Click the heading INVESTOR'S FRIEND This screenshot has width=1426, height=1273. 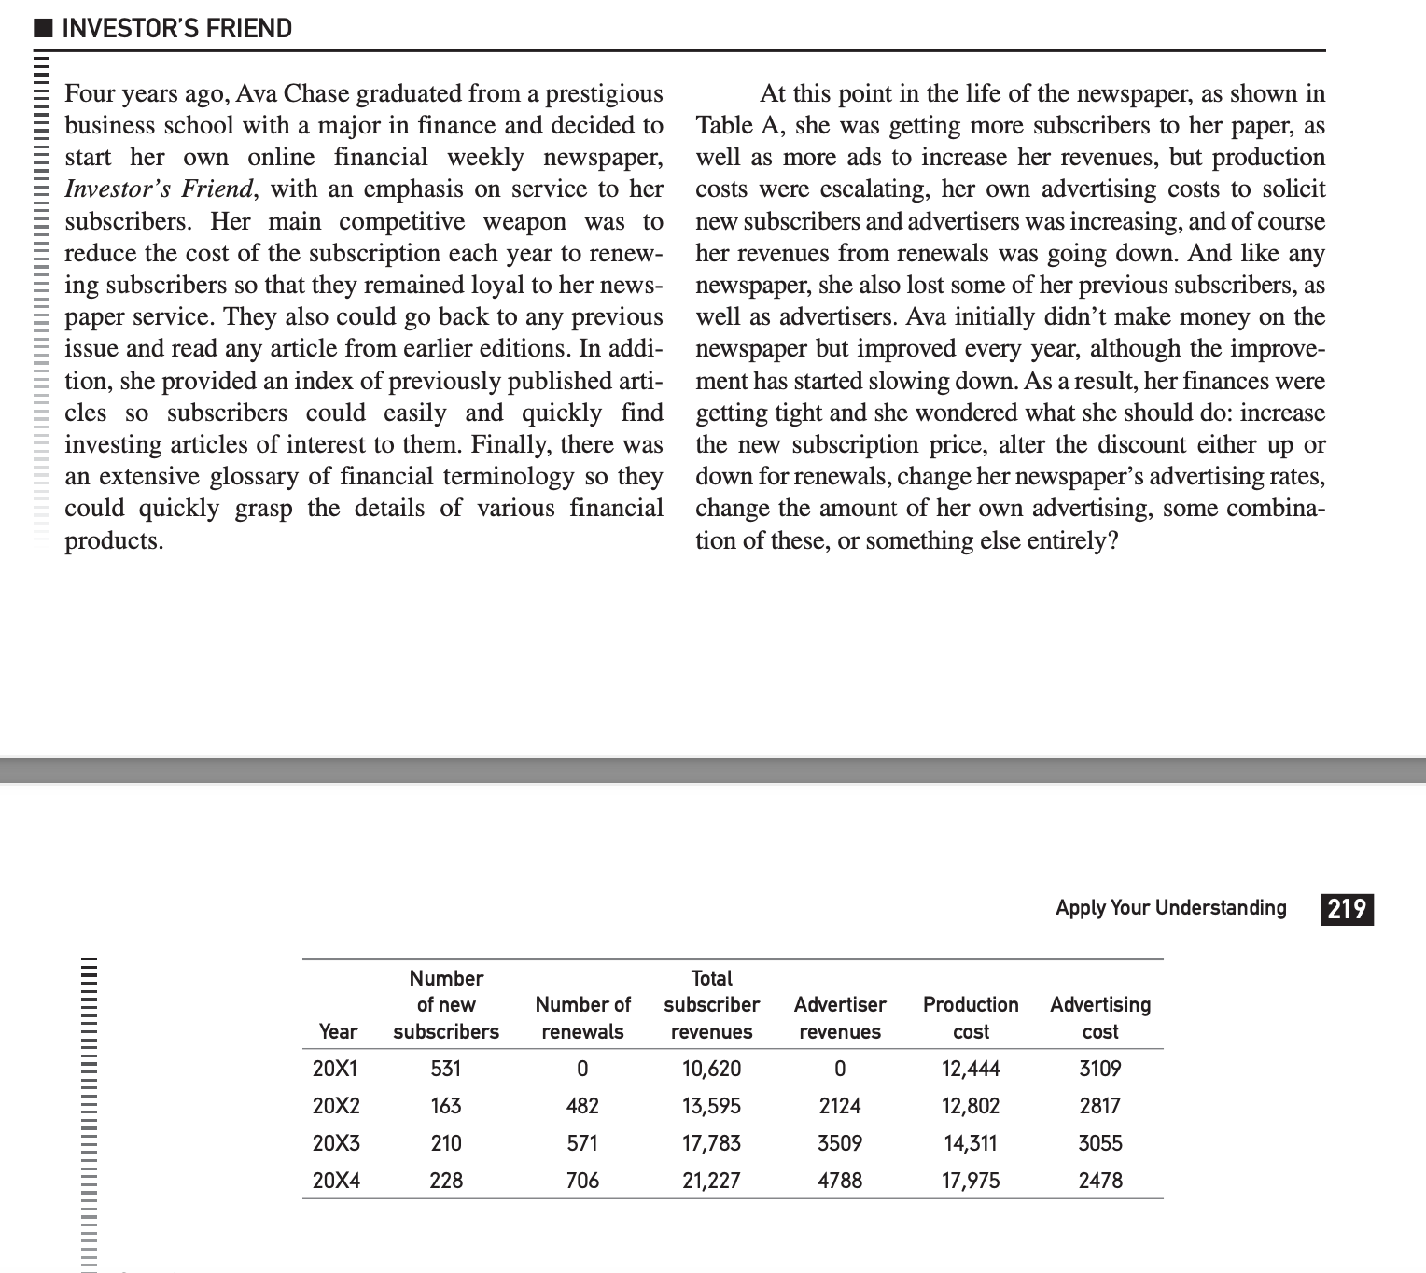click(176, 28)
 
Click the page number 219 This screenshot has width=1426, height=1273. click(1347, 908)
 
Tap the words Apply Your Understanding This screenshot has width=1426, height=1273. click(1170, 907)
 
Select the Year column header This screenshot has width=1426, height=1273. click(338, 1031)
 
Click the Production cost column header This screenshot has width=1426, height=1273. click(971, 1017)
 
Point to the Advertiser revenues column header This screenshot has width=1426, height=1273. click(840, 1017)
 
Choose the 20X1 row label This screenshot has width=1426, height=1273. click(336, 1069)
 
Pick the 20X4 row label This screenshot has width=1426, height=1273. click(336, 1181)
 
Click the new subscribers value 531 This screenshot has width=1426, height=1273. click(446, 1069)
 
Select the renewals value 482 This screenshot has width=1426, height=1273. click(582, 1106)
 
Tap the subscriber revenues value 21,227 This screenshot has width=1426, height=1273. click(711, 1181)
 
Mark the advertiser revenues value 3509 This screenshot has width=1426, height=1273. click(840, 1143)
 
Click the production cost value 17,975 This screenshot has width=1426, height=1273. click(971, 1181)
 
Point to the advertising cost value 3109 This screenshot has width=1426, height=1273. click(1100, 1069)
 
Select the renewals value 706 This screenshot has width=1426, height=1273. click(582, 1181)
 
